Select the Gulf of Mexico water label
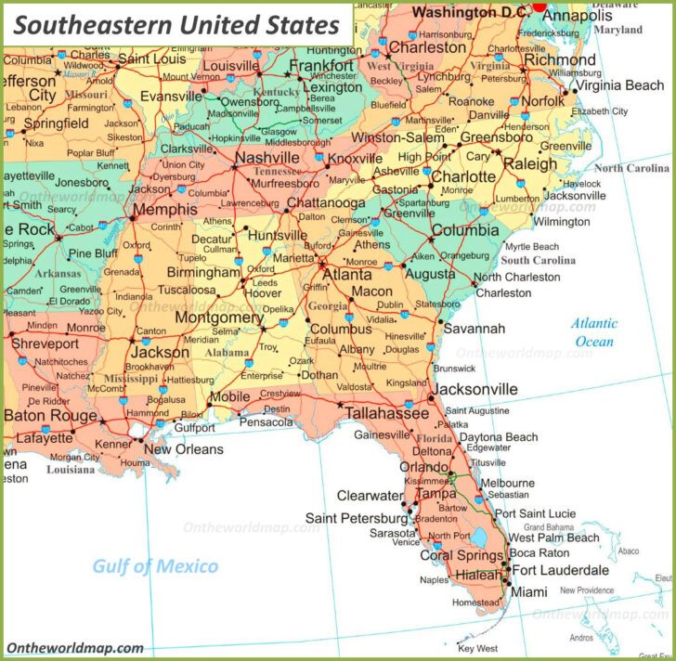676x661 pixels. click(155, 566)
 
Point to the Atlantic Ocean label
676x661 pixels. click(593, 332)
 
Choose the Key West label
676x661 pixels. click(478, 648)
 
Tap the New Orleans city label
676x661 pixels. click(184, 449)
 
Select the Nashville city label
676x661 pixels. click(266, 158)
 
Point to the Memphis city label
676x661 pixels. click(164, 210)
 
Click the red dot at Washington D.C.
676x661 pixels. click(539, 6)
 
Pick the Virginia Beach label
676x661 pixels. click(620, 85)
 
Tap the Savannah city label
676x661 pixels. click(474, 329)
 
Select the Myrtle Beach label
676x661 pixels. click(532, 247)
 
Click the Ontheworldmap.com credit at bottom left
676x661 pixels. click(75, 648)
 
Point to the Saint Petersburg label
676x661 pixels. click(357, 517)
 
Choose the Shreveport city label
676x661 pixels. click(45, 343)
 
